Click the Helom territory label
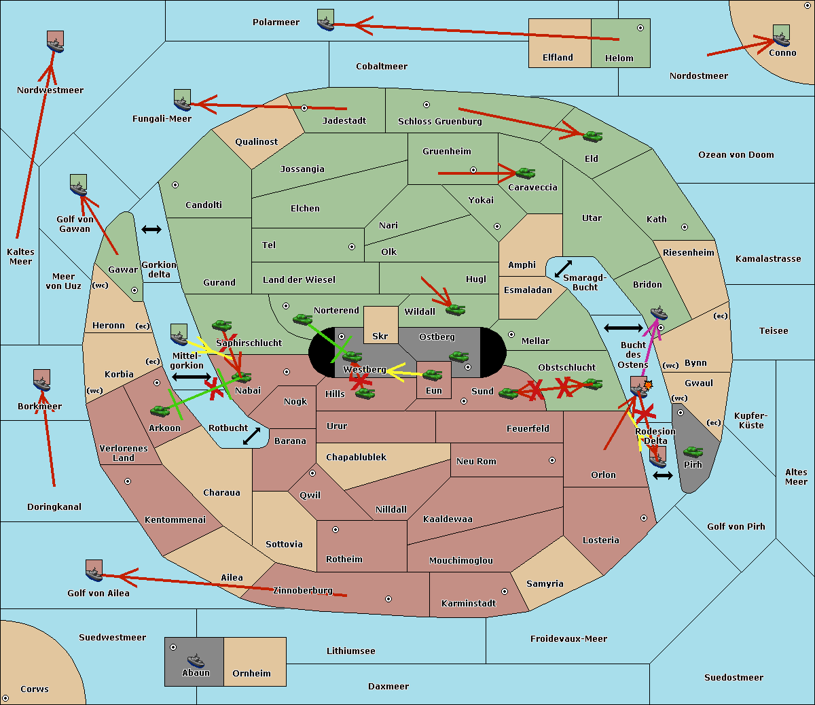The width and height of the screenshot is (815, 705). pyautogui.click(x=619, y=58)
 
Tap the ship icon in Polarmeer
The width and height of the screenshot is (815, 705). pyautogui.click(x=326, y=20)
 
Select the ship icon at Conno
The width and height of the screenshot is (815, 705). pyautogui.click(x=781, y=35)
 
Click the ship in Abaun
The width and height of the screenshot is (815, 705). pyautogui.click(x=196, y=660)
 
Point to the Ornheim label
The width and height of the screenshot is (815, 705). pyautogui.click(x=251, y=674)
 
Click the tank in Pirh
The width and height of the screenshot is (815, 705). pyautogui.click(x=693, y=452)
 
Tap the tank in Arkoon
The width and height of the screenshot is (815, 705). pyautogui.click(x=160, y=411)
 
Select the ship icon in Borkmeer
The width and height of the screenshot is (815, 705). pyautogui.click(x=42, y=381)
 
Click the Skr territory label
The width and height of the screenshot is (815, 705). pyautogui.click(x=380, y=337)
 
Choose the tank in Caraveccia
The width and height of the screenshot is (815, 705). pyautogui.click(x=526, y=173)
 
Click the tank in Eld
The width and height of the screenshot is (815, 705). pyautogui.click(x=593, y=136)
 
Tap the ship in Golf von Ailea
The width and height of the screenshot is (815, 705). pyautogui.click(x=94, y=572)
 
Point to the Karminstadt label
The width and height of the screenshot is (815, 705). pyautogui.click(x=469, y=604)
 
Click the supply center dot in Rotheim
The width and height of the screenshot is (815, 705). pyautogui.click(x=336, y=530)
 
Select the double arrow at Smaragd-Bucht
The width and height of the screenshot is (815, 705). pyautogui.click(x=563, y=269)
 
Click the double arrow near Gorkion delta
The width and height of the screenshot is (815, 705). pyautogui.click(x=151, y=230)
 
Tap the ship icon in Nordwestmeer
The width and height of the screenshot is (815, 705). pyautogui.click(x=55, y=42)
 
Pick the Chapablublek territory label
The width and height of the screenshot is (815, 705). pyautogui.click(x=356, y=458)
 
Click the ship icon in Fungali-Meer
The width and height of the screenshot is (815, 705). pyautogui.click(x=182, y=101)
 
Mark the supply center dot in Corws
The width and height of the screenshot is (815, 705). pyautogui.click(x=5, y=698)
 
